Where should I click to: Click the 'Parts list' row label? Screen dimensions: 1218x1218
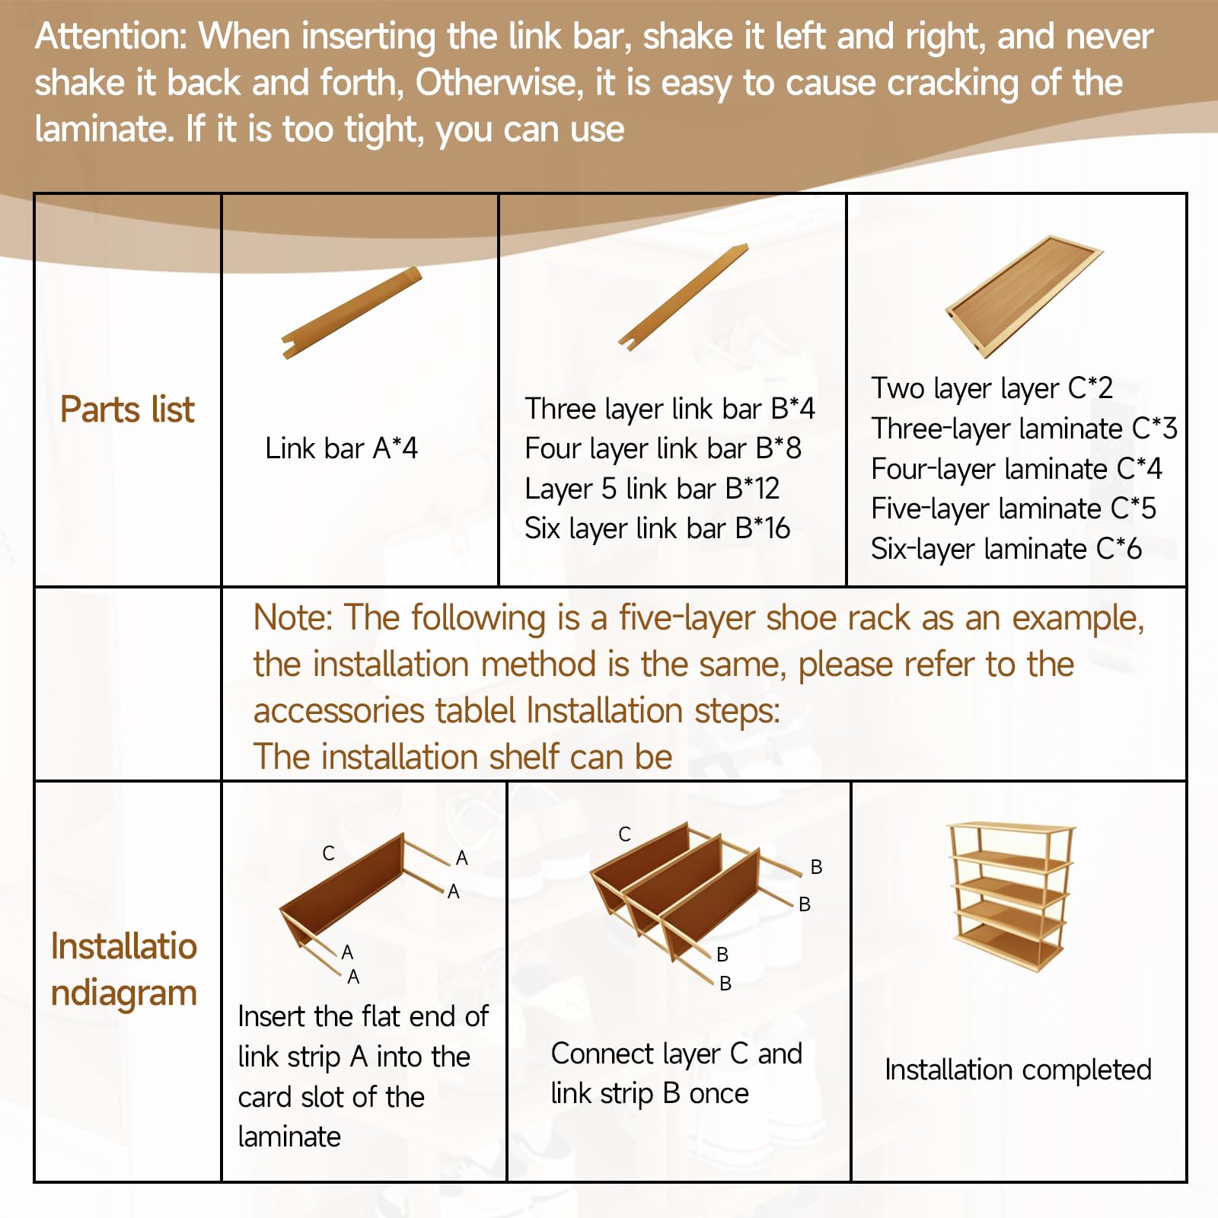(127, 410)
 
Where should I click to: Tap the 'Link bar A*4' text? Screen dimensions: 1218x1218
(341, 448)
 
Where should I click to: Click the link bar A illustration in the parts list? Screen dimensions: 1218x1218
(352, 312)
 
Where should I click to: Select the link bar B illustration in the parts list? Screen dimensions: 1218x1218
(684, 297)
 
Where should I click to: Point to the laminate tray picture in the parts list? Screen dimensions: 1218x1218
(1024, 297)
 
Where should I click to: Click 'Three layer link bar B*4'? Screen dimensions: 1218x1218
(670, 410)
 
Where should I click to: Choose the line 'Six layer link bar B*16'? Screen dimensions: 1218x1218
(658, 528)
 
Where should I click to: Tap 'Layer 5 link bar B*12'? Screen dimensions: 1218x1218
(652, 489)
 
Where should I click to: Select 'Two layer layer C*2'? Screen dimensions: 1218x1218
(992, 389)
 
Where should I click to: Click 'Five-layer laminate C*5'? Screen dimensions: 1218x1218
(1013, 509)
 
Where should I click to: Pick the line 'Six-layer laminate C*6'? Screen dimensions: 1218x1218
(1006, 549)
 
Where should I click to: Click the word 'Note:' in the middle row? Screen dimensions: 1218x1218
(293, 617)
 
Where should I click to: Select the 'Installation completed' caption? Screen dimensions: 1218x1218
(1018, 1070)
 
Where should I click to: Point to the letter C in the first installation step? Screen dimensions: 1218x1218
(328, 853)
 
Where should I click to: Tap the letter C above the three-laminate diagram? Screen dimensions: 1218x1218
(624, 834)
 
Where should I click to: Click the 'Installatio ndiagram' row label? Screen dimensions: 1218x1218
(124, 970)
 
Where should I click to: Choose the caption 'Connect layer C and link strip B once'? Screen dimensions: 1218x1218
(677, 1074)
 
